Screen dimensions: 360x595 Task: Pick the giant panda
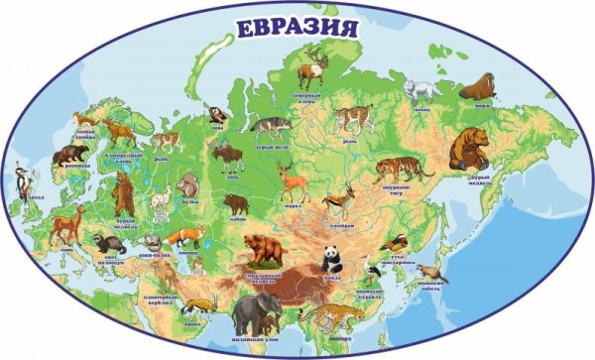click(332, 259)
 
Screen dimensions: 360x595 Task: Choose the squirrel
click(185, 184)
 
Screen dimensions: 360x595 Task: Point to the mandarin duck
click(396, 242)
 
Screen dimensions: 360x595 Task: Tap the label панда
click(333, 279)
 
